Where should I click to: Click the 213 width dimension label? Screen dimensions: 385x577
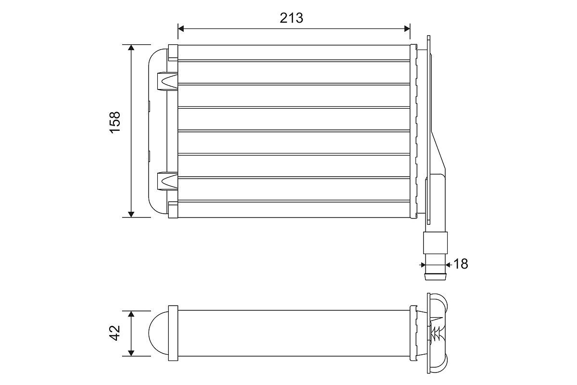(291, 18)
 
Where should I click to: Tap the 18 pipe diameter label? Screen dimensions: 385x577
(460, 264)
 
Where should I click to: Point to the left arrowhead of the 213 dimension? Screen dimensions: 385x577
(181, 28)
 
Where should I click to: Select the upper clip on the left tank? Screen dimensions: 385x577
(167, 81)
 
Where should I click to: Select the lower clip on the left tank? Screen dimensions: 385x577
(167, 181)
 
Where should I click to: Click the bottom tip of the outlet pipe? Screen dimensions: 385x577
(435, 277)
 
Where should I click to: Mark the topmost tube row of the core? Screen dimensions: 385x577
(293, 52)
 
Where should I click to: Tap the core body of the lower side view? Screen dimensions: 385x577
(293, 334)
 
